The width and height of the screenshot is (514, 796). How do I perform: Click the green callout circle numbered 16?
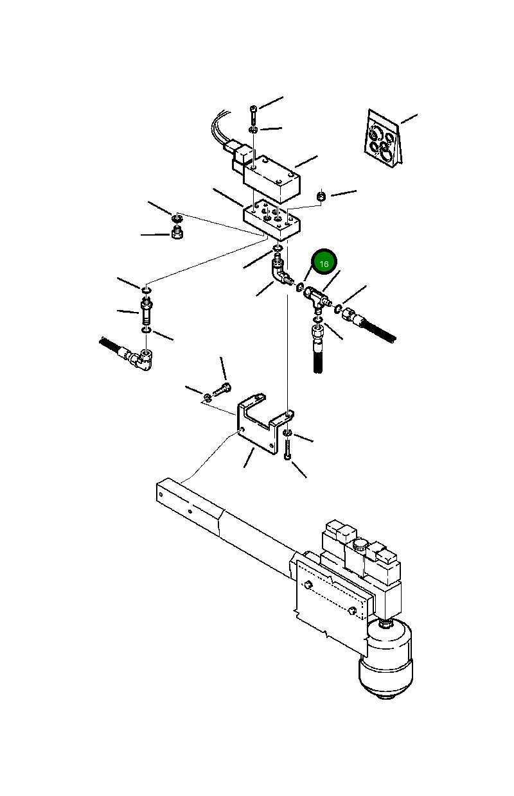pos(324,263)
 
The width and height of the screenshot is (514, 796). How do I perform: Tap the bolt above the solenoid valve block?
pos(254,116)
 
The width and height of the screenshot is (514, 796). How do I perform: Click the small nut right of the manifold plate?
pos(323,195)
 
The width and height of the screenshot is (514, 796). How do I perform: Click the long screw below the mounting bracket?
pos(287,447)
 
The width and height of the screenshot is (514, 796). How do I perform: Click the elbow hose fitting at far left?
pos(139,360)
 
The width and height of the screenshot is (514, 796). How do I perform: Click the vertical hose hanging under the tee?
pos(319,351)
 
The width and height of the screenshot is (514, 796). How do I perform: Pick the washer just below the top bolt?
pos(254,130)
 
